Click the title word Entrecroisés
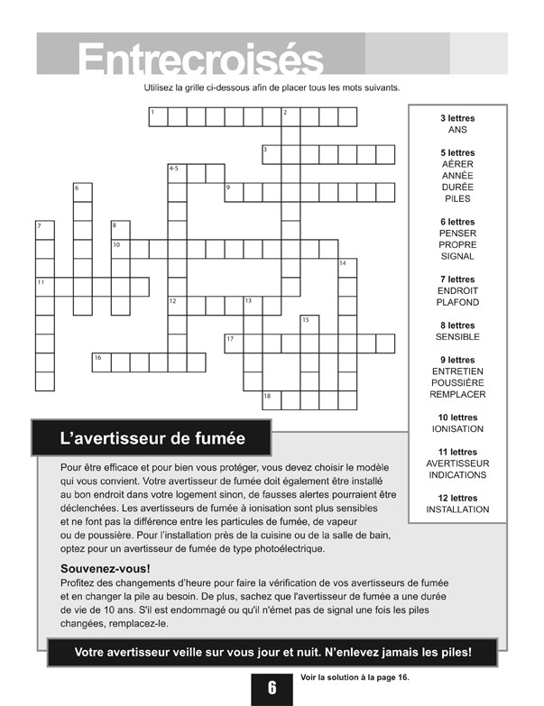[x=200, y=60]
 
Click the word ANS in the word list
[x=457, y=130]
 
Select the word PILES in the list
[x=457, y=198]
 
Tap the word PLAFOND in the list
[x=457, y=302]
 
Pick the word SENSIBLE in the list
[x=457, y=336]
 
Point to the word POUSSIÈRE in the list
[x=457, y=382]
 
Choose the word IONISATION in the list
[x=457, y=428]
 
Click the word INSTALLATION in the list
[x=457, y=509]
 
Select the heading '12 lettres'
[x=457, y=498]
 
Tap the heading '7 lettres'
[x=457, y=280]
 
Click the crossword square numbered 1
[x=158, y=116]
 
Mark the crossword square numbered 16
[x=101, y=362]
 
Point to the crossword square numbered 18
[x=272, y=399]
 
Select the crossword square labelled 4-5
[x=177, y=172]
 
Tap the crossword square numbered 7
[x=44, y=230]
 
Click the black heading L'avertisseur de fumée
[x=152, y=439]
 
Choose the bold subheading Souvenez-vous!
[x=105, y=569]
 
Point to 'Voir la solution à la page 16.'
[x=358, y=678]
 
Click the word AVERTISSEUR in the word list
[x=457, y=463]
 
